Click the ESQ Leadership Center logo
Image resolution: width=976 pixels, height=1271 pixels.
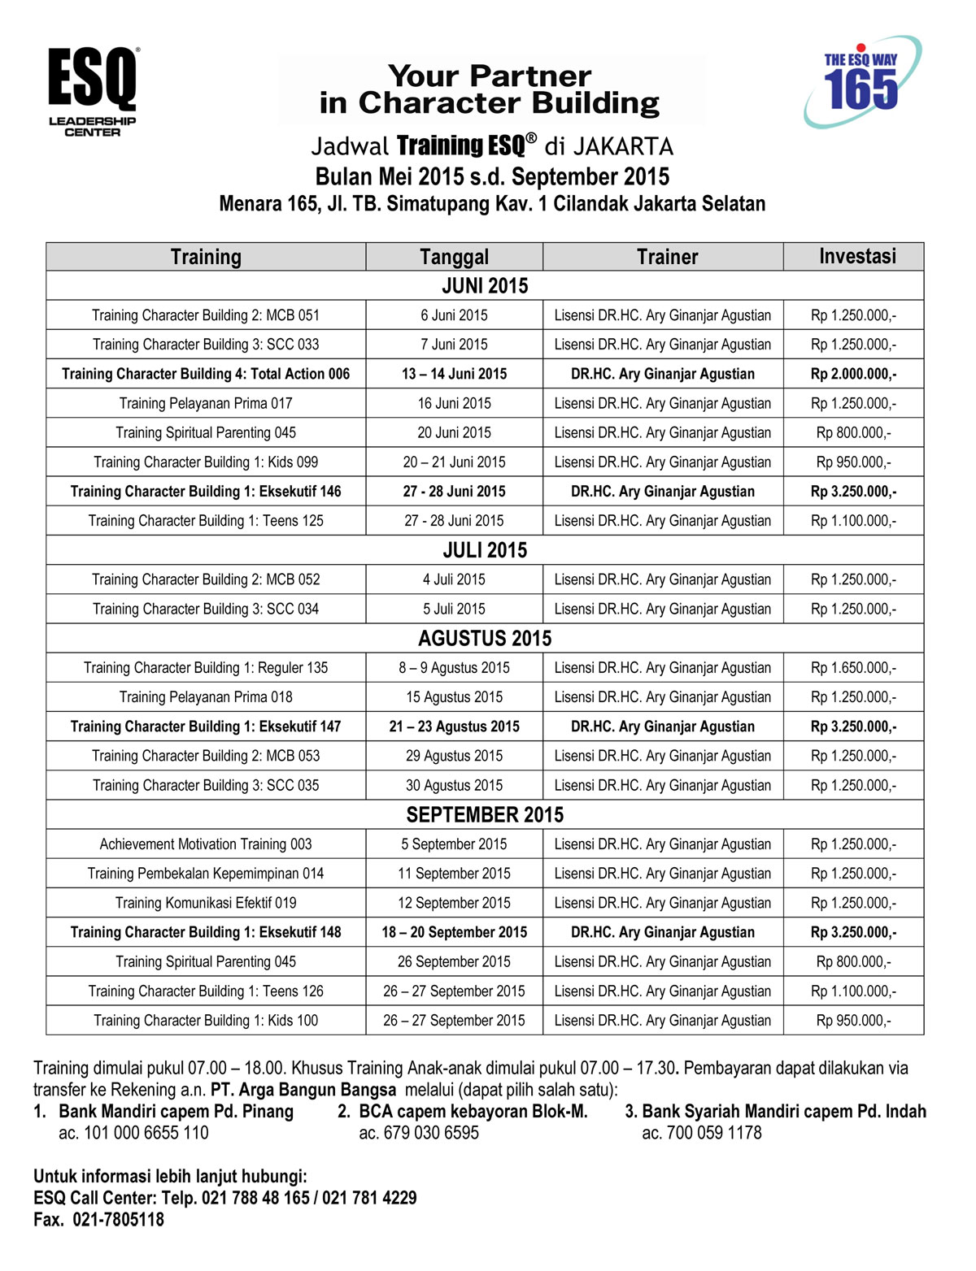point(92,91)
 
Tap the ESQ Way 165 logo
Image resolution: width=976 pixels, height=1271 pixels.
point(861,82)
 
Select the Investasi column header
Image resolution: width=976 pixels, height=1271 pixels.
point(856,257)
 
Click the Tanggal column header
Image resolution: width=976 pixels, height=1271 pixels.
point(454,257)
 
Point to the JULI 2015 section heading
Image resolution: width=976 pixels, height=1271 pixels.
point(485,550)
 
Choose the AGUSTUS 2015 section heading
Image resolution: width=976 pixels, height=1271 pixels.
point(485,638)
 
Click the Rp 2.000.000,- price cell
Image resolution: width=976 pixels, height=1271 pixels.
point(853,374)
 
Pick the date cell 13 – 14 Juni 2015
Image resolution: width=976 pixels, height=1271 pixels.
point(454,374)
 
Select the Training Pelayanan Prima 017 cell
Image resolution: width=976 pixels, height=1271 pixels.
point(206,403)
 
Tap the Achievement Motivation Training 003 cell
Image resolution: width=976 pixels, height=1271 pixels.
point(206,844)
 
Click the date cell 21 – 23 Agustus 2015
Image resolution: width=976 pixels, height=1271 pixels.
point(454,727)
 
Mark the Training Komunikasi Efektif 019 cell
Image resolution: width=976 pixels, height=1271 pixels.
point(206,903)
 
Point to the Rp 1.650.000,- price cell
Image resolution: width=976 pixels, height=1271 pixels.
point(853,668)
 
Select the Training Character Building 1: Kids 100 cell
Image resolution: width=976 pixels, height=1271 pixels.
point(206,1021)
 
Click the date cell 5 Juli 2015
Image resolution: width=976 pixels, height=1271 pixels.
point(454,609)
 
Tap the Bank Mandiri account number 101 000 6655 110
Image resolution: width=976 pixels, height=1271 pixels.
point(133,1133)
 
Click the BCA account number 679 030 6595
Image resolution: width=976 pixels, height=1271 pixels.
point(419,1133)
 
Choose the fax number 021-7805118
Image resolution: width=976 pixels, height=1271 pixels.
point(118,1220)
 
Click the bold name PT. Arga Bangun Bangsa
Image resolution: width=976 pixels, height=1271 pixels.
point(303,1090)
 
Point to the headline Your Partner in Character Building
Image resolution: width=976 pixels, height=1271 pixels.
point(490,89)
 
